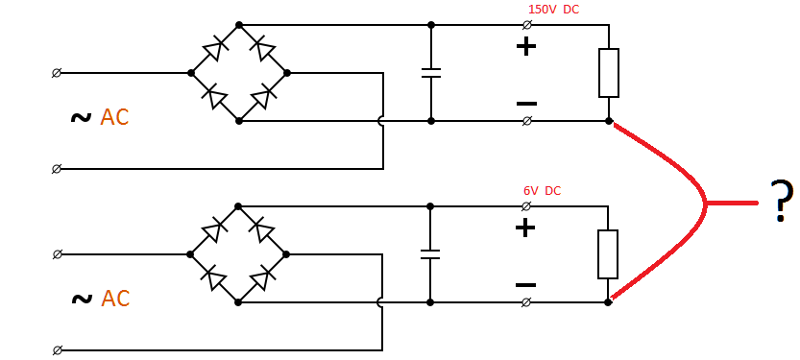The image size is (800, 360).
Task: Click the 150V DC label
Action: [x=553, y=10]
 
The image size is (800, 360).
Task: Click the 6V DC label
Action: [x=542, y=191]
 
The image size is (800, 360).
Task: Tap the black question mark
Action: [x=782, y=202]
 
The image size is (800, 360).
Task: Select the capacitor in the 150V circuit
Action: [x=431, y=72]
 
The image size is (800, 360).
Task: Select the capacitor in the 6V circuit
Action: [x=430, y=254]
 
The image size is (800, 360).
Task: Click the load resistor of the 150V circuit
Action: [x=609, y=73]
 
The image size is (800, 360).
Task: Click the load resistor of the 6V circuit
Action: [x=607, y=254]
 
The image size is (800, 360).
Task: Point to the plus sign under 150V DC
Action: [x=525, y=46]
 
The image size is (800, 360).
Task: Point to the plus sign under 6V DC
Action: [x=524, y=228]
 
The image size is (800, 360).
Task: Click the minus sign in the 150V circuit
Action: [x=525, y=103]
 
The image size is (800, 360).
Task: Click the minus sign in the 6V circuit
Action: [x=524, y=284]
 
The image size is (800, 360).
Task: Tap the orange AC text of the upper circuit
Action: [x=114, y=117]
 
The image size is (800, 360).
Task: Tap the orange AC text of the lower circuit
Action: [x=115, y=299]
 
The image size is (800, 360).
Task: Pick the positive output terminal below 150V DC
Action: [x=526, y=24]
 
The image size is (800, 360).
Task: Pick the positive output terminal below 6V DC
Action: [x=525, y=206]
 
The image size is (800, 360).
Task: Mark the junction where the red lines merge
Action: [x=707, y=203]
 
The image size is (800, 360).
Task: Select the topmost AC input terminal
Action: [x=57, y=72]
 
